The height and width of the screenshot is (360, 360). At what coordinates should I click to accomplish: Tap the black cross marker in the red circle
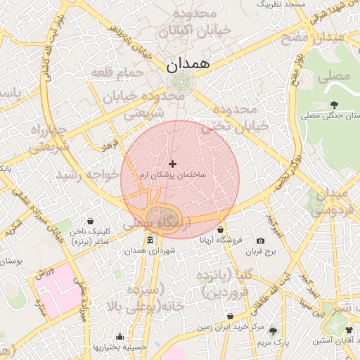(x=173, y=163)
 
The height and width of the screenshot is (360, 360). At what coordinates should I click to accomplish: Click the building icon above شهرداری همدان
(x=150, y=241)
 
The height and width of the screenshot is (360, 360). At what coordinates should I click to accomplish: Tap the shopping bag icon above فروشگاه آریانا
(x=221, y=229)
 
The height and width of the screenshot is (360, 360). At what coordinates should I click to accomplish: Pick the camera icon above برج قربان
(x=261, y=241)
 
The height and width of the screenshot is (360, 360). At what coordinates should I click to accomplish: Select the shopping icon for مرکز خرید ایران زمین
(x=230, y=316)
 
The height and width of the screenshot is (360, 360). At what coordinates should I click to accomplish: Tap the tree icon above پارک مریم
(x=273, y=331)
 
